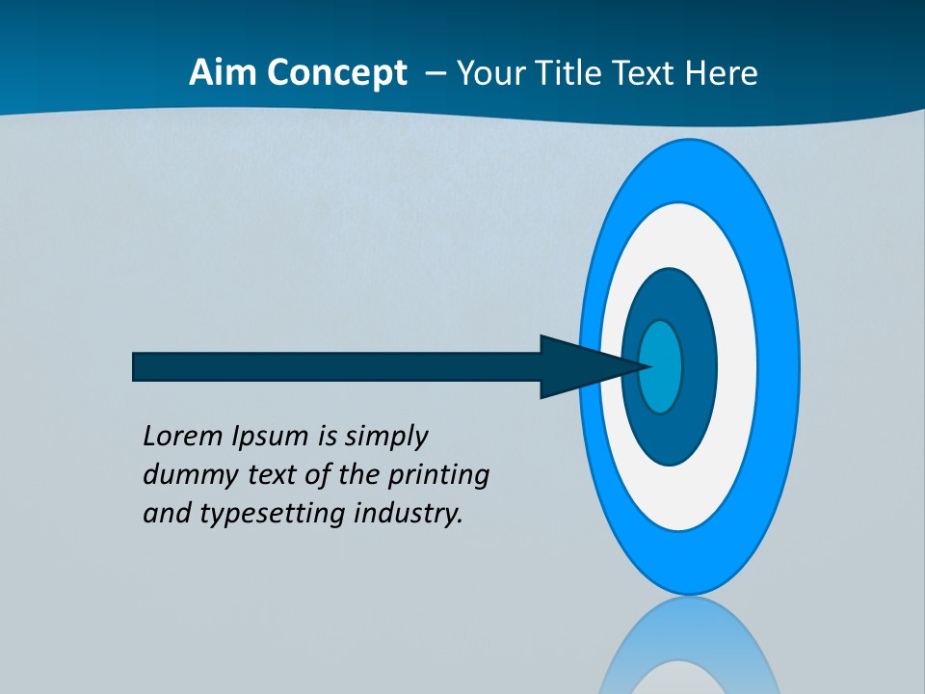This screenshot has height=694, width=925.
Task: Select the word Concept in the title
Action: pyautogui.click(x=336, y=73)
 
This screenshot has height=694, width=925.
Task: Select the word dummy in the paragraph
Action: pyautogui.click(x=182, y=475)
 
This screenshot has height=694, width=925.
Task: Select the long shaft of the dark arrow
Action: pyautogui.click(x=337, y=367)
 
